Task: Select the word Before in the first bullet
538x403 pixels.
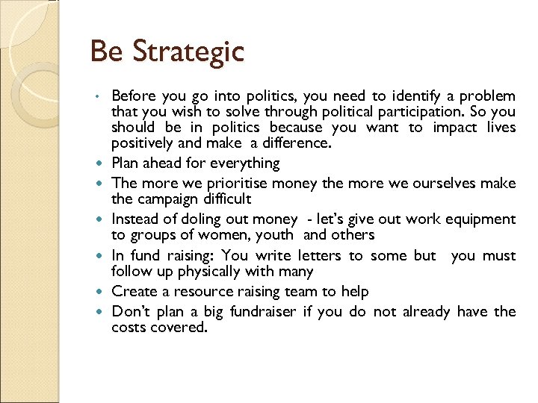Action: pyautogui.click(x=133, y=96)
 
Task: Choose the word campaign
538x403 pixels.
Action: pyautogui.click(x=168, y=199)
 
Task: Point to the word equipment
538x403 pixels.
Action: pyautogui.click(x=480, y=219)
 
